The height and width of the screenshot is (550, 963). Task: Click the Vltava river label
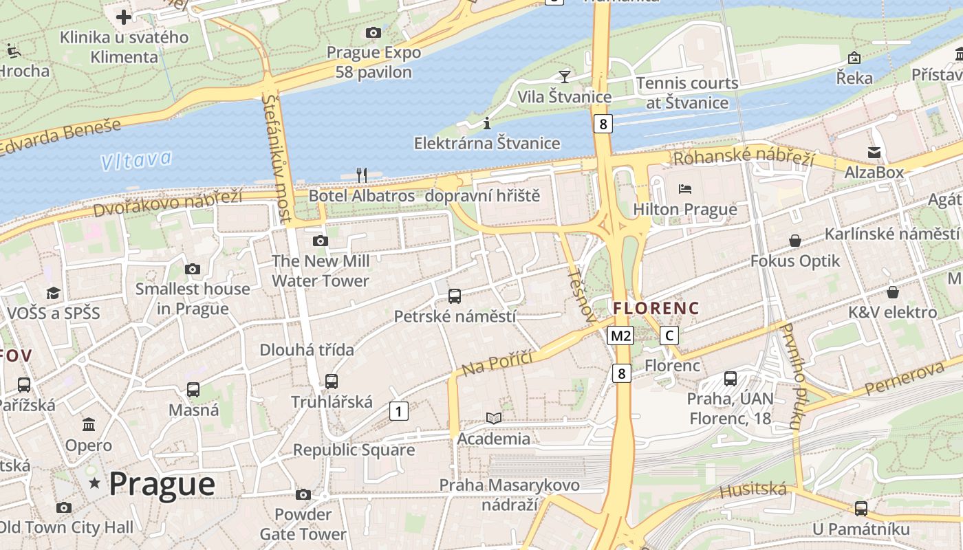(136, 160)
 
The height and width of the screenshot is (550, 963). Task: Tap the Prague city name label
(162, 484)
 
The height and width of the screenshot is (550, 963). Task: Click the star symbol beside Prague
(95, 484)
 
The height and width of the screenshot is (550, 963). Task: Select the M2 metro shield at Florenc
(620, 335)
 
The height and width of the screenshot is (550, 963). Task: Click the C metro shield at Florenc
(669, 335)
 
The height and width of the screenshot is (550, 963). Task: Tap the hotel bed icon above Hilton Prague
(684, 188)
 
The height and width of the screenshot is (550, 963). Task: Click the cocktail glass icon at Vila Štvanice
(565, 76)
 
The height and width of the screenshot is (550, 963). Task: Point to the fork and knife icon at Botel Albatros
(362, 175)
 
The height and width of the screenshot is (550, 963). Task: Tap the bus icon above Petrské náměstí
(455, 296)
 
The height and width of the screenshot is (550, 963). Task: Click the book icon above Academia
(493, 418)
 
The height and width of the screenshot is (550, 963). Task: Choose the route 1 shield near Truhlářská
(399, 411)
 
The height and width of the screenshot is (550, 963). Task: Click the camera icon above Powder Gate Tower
(303, 494)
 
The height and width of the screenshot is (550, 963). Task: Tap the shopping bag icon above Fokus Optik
(795, 241)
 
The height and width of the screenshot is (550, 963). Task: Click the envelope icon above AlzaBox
(874, 152)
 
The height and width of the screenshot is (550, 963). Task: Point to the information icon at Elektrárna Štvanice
(487, 123)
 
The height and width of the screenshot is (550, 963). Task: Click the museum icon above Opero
(89, 424)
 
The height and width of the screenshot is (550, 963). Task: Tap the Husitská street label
(753, 490)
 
